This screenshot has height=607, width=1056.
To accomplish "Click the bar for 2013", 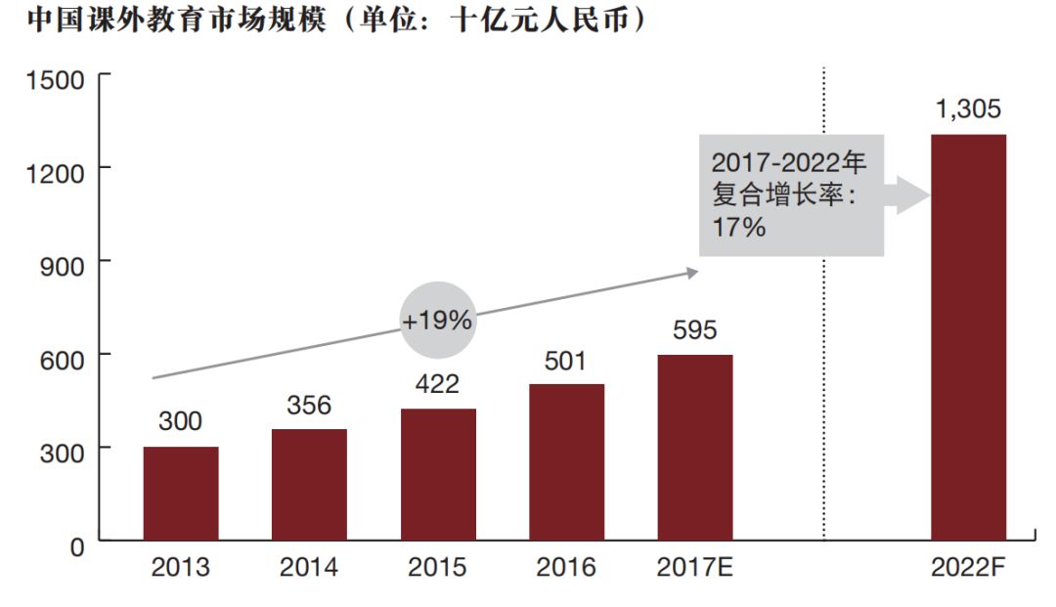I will click(x=181, y=494).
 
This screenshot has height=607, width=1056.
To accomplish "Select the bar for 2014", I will click(x=309, y=485).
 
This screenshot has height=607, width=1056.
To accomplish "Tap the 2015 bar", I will click(x=438, y=475).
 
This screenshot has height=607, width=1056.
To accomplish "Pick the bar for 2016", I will click(x=566, y=462).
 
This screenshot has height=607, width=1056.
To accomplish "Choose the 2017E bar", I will click(x=694, y=448).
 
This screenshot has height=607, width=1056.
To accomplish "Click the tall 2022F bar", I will click(x=968, y=337).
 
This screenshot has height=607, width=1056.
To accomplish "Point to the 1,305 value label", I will click(x=968, y=109).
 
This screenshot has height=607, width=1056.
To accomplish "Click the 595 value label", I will click(x=694, y=330).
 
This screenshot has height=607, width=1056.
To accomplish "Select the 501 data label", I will click(x=566, y=361).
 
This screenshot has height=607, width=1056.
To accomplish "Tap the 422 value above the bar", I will click(x=437, y=384).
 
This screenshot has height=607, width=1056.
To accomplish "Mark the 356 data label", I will click(x=309, y=405).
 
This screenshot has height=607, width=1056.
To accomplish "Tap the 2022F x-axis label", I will click(x=968, y=568).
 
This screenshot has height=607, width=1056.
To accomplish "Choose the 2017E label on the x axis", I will click(x=694, y=568).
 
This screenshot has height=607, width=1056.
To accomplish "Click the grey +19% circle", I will click(x=437, y=319).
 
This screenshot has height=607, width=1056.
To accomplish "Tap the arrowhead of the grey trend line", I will click(x=693, y=272).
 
